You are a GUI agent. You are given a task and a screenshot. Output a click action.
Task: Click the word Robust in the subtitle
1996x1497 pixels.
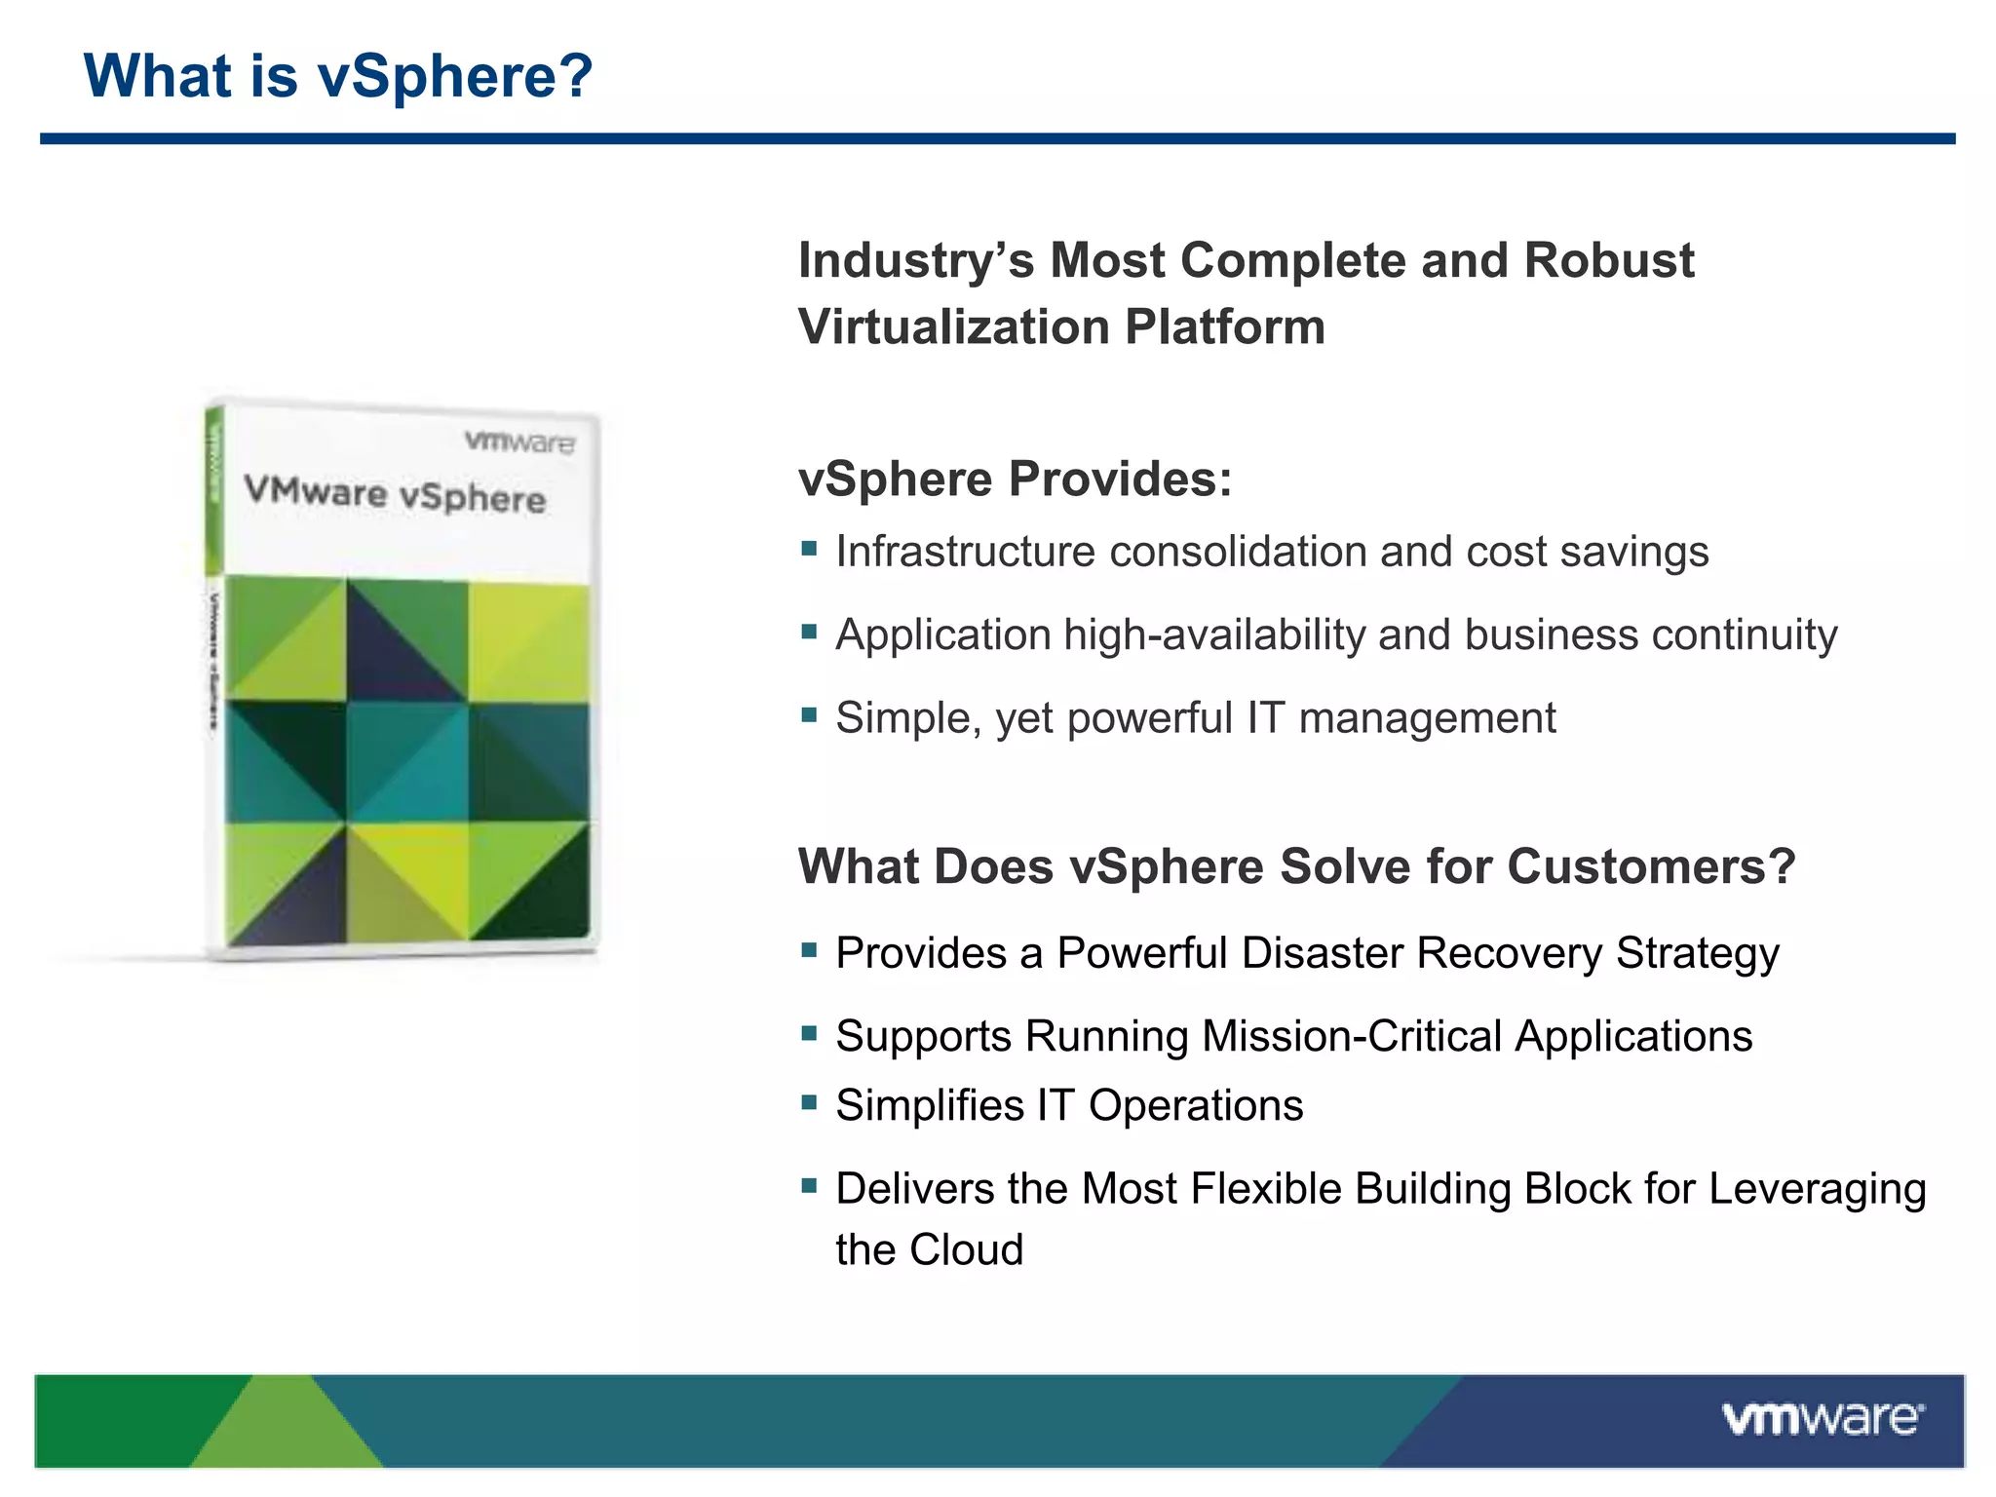(1609, 261)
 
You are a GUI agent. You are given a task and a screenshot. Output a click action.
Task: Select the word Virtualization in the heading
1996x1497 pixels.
(953, 327)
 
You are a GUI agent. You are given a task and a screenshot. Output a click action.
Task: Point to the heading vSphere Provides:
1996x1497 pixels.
(1015, 480)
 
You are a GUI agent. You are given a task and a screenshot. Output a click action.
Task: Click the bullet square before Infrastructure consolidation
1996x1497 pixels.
(808, 549)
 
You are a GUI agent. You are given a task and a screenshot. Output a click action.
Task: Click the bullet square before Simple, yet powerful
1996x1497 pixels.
(808, 714)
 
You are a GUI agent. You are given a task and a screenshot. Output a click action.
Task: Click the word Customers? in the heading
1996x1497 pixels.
(1650, 867)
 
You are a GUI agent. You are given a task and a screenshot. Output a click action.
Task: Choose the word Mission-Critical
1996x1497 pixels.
(1352, 1036)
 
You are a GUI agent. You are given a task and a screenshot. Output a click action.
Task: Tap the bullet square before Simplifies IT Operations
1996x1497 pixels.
(808, 1102)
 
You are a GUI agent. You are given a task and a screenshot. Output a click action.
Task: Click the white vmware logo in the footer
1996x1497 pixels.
(1822, 1419)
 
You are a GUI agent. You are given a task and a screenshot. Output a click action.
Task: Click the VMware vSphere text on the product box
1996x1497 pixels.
(394, 494)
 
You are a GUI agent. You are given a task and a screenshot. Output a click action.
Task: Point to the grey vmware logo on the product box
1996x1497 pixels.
(519, 442)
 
